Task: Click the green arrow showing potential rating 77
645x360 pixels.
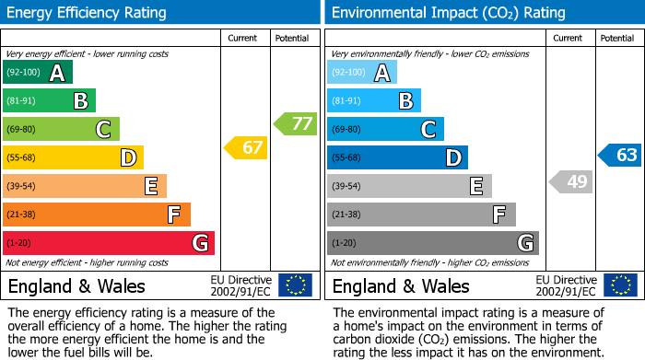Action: coord(296,123)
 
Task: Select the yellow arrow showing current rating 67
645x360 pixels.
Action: coord(247,147)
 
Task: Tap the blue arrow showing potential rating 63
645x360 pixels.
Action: coord(620,155)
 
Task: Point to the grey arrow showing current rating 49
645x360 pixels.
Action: coord(571,181)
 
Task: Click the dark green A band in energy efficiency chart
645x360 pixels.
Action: coord(38,73)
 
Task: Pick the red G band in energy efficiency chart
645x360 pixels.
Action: coord(109,243)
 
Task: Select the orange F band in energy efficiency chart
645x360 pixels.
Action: coord(97,215)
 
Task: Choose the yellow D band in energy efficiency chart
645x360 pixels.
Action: coord(73,158)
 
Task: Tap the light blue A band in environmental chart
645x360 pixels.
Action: coord(362,73)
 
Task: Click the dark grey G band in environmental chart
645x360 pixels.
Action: coord(432,243)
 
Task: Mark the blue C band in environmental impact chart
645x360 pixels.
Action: coord(385,130)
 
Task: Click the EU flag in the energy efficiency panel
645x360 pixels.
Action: coord(295,285)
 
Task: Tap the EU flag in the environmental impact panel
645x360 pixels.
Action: coord(619,285)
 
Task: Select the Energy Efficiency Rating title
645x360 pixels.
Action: coord(88,13)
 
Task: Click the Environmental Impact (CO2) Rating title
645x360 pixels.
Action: coord(448,13)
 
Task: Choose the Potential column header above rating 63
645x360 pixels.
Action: coord(616,38)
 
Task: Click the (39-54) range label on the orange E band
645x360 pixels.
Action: coord(21,187)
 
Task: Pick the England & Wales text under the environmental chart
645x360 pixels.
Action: coord(400,285)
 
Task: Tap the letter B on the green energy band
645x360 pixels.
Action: coord(80,101)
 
